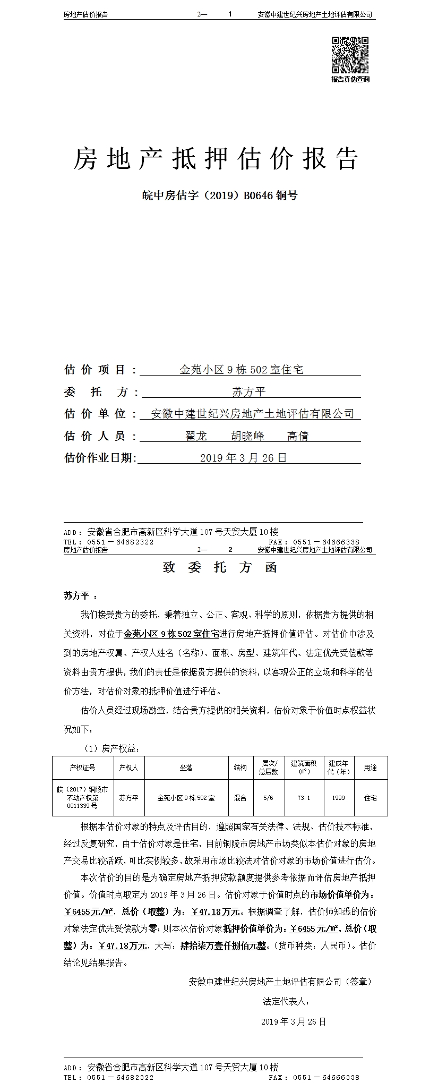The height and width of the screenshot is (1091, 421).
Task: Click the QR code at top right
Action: point(350,55)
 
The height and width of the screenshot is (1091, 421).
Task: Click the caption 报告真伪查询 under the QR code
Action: point(350,80)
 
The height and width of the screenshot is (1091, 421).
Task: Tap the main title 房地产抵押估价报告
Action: point(216,158)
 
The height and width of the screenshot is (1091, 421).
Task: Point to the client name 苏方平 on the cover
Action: point(248,393)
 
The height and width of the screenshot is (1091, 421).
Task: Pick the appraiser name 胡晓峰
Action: point(247,436)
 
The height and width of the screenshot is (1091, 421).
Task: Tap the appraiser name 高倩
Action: point(298,436)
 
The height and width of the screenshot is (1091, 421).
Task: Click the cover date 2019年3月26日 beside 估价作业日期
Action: point(243,458)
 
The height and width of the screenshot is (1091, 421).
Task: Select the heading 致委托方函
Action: point(220,567)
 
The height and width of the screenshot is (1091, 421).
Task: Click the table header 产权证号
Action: point(82,768)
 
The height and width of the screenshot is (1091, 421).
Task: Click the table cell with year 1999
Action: point(338,798)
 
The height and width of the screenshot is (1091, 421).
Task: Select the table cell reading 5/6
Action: point(268,798)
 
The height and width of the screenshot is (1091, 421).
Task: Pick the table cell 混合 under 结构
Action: point(240,798)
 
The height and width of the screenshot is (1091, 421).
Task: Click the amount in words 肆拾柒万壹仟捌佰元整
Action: point(223,945)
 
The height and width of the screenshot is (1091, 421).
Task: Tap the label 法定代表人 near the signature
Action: point(286,1002)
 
